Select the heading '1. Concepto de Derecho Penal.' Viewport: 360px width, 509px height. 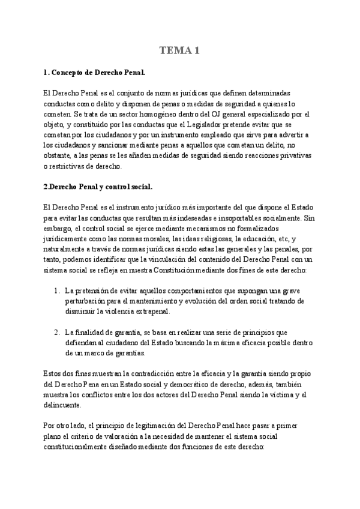pyautogui.click(x=94, y=73)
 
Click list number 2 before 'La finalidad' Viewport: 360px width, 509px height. pyautogui.click(x=56, y=332)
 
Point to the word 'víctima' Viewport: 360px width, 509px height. pyautogui.click(x=281, y=394)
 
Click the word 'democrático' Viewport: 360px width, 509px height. pyautogui.click(x=175, y=383)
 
